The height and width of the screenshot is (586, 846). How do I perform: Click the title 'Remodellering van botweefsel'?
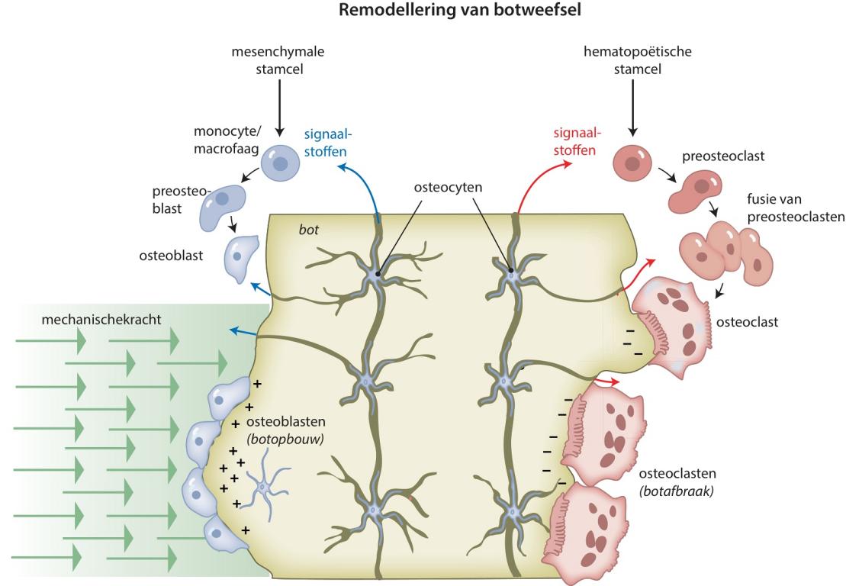423,13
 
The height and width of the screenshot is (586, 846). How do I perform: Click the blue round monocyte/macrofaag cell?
281,163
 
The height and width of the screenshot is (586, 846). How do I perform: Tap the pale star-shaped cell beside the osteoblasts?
262,487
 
